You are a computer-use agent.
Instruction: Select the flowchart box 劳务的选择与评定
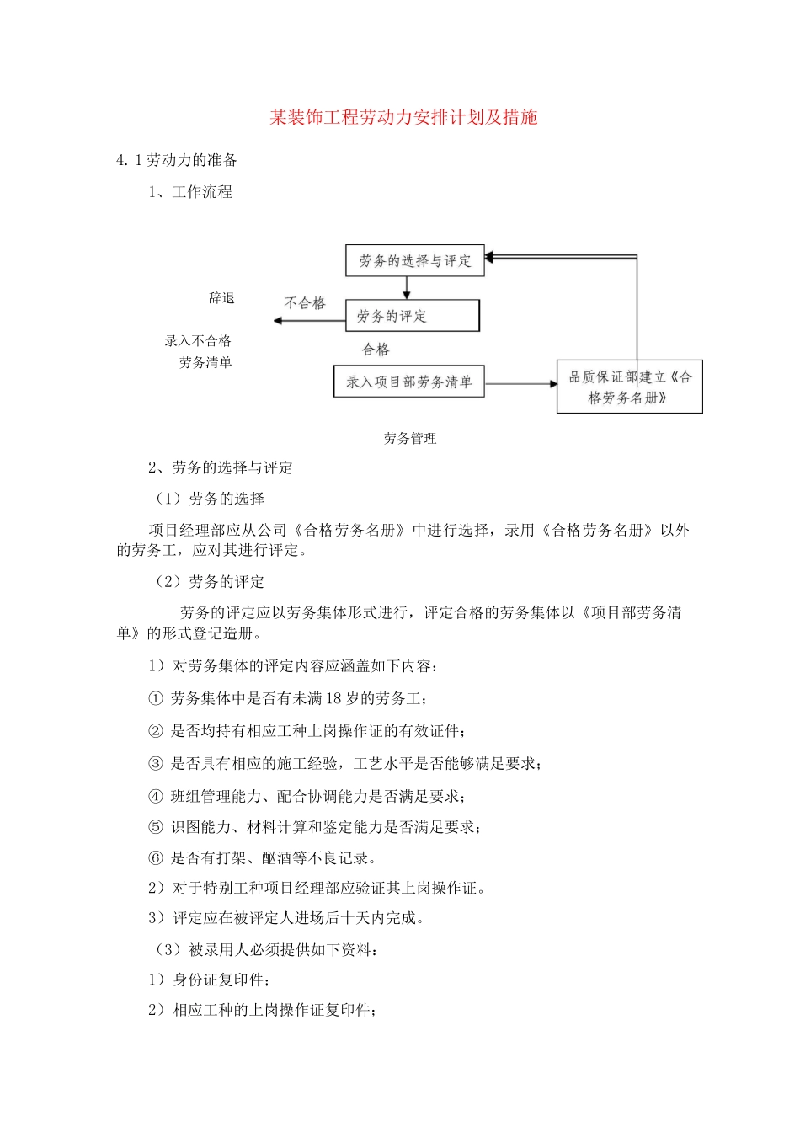(414, 261)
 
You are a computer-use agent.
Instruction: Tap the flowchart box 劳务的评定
(412, 316)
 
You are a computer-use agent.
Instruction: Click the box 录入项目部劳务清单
(408, 382)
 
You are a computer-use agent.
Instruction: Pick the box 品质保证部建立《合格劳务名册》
(629, 387)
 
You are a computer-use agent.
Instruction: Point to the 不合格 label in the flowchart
(305, 303)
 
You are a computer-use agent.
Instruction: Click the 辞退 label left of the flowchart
(221, 298)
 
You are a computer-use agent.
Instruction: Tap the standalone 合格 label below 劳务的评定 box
(376, 350)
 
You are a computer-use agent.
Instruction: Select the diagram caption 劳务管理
(410, 438)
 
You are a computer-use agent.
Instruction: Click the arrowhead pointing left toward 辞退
(278, 321)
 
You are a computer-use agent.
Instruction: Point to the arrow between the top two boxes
(407, 288)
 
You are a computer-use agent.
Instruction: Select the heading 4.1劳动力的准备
(177, 160)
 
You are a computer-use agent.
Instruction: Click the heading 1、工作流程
(190, 192)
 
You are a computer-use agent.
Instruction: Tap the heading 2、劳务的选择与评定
(221, 467)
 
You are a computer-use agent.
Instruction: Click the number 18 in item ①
(333, 698)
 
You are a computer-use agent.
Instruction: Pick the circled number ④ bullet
(156, 796)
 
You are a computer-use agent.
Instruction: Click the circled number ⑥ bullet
(156, 858)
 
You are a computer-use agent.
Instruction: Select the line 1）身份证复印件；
(209, 980)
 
